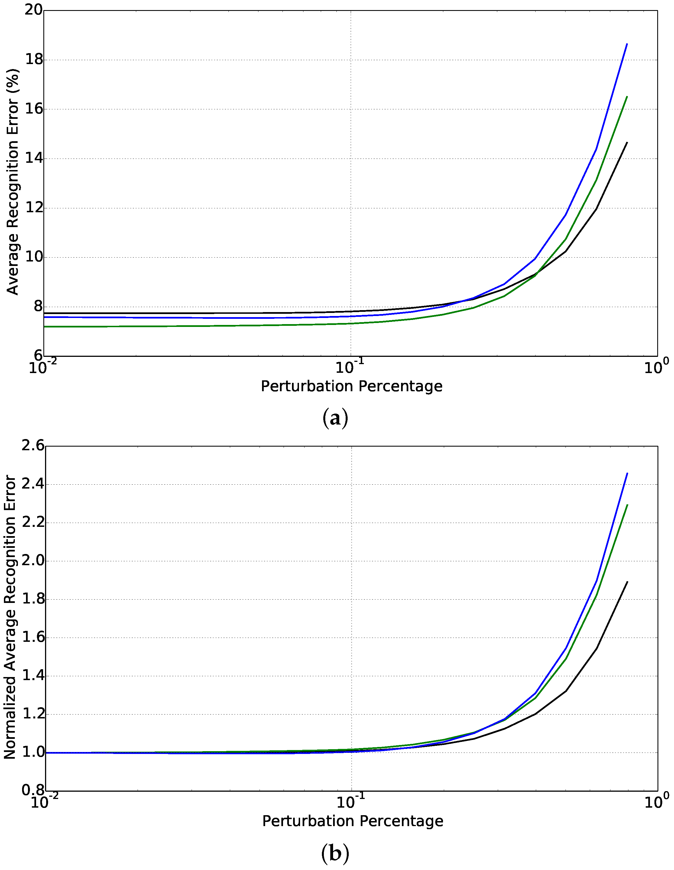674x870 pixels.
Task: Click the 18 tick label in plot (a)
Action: [34, 60]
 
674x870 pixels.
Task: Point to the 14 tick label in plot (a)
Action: [34, 159]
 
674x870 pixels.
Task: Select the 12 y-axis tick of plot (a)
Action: [34, 208]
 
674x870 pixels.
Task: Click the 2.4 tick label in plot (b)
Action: [33, 485]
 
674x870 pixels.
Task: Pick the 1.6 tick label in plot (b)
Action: [33, 638]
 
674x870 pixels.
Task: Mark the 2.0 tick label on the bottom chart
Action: [33, 561]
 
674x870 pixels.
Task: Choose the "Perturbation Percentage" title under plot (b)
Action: [353, 821]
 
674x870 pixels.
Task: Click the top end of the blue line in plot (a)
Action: [627, 44]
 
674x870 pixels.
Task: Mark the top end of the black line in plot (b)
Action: [627, 582]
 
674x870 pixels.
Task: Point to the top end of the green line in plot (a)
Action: [627, 97]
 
